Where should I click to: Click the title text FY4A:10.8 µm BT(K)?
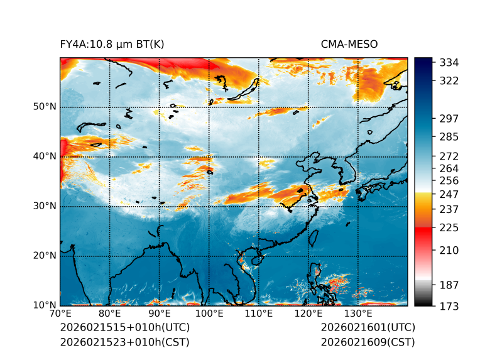click(x=112, y=44)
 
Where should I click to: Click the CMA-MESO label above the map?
click(x=349, y=44)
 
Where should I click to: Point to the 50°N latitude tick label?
click(x=45, y=107)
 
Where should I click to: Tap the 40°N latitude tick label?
click(x=45, y=156)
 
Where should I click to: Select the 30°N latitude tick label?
click(x=45, y=206)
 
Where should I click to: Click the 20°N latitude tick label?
click(x=45, y=256)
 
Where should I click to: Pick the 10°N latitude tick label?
click(x=45, y=305)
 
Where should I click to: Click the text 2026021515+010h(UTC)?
click(x=124, y=328)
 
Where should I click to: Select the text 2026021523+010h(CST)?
click(x=124, y=342)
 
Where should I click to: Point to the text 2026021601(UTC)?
click(x=368, y=328)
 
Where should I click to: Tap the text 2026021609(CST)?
click(x=368, y=342)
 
